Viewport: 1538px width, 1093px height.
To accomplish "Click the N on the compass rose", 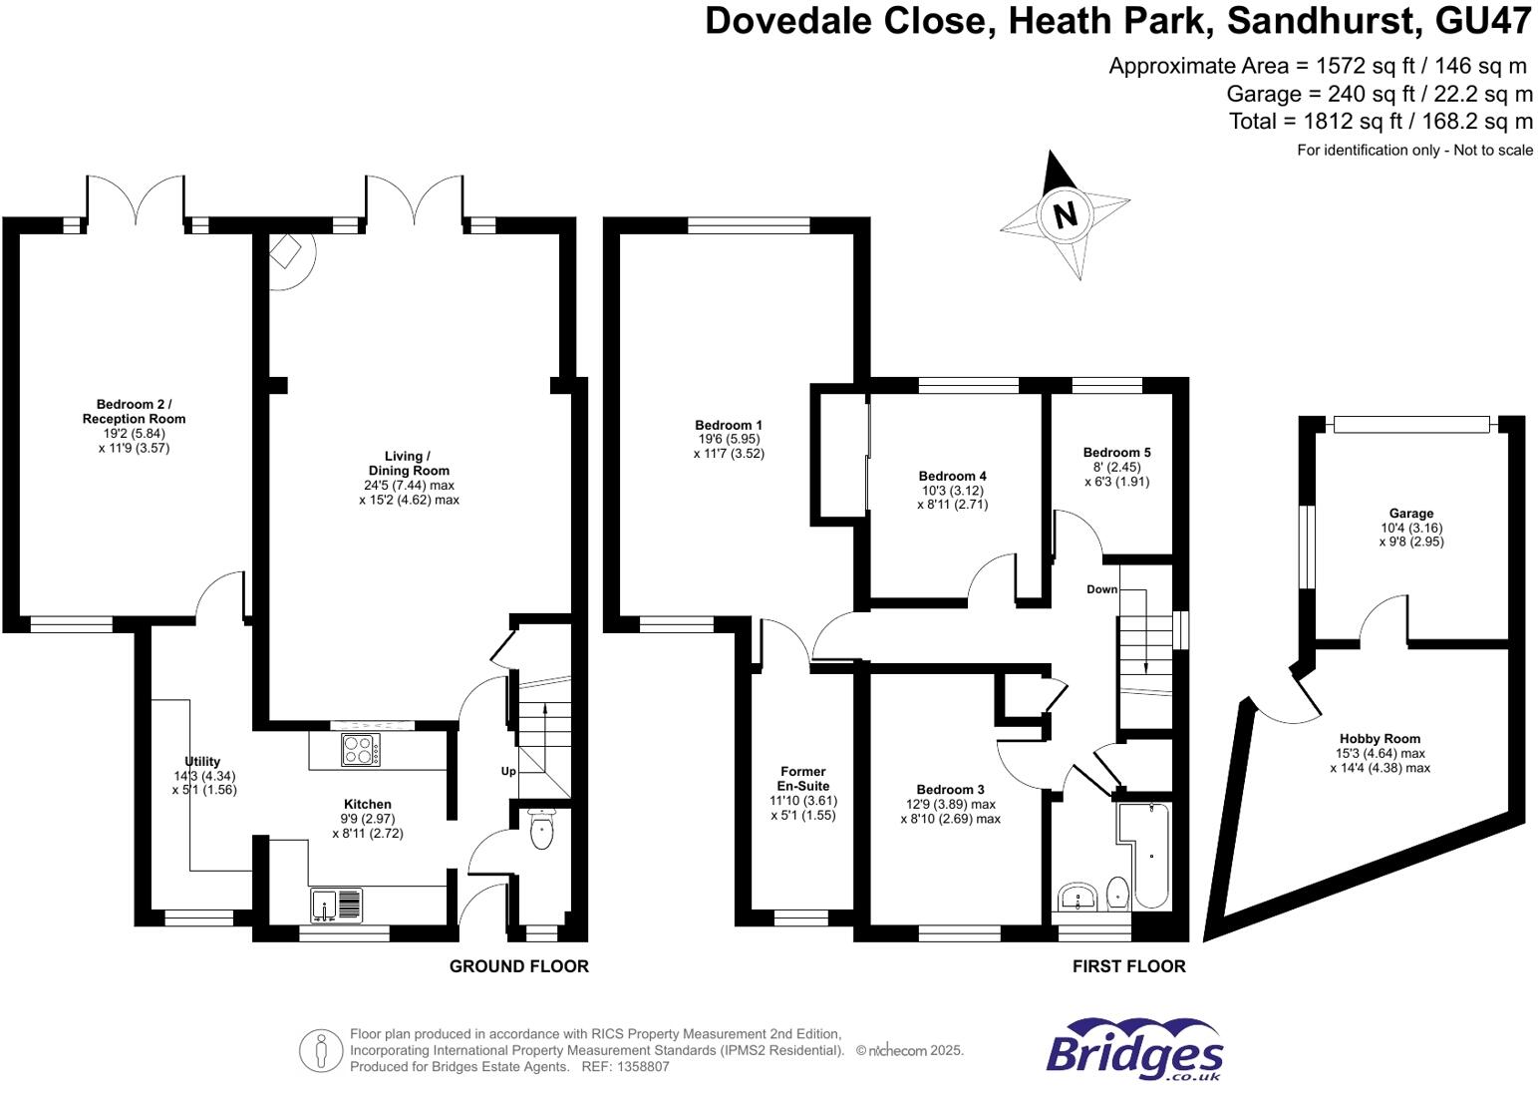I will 1065,214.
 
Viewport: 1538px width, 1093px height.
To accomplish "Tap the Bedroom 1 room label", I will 729,425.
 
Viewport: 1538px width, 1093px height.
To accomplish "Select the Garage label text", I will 1411,514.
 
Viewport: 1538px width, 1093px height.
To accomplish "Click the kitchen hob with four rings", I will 360,749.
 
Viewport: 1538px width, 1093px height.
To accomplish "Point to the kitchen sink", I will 337,904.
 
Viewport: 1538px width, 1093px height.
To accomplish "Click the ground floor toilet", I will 541,832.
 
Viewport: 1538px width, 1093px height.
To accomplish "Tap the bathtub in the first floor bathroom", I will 1146,854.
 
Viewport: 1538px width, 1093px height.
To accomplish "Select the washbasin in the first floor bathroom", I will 1077,897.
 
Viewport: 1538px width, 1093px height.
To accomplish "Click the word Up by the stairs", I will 508,772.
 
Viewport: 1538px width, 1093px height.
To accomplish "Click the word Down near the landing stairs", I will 1101,589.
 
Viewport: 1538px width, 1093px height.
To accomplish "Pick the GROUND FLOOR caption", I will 518,966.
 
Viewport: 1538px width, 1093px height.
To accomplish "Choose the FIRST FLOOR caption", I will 1128,966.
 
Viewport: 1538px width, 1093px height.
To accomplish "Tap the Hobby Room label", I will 1380,739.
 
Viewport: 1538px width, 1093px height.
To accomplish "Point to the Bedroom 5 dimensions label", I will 1116,474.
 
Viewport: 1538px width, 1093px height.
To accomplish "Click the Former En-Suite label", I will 802,778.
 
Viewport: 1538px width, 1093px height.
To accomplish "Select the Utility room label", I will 202,761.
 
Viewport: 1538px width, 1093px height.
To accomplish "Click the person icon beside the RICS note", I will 321,1050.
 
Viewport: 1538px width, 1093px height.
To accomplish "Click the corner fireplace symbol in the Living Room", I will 288,251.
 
